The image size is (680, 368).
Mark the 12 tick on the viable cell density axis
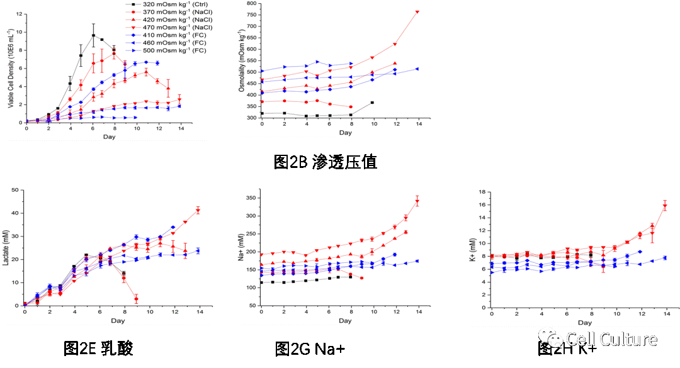click(x=19, y=14)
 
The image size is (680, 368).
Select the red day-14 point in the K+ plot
click(x=665, y=206)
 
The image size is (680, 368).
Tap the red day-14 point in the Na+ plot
click(x=417, y=201)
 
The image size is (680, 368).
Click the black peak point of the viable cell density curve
click(x=93, y=35)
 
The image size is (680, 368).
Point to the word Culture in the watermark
click(x=627, y=340)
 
